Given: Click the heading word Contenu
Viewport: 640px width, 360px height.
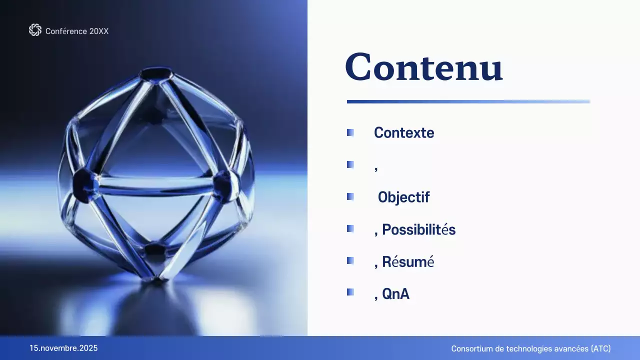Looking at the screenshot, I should point(423,67).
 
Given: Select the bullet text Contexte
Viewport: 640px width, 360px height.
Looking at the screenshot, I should point(404,133).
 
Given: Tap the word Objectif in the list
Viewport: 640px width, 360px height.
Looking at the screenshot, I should point(403,197).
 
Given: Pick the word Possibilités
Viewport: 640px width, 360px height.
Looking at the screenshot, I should point(418,230).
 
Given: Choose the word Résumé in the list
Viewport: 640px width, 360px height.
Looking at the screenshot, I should point(408,262).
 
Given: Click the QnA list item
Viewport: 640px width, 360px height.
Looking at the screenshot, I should point(395,294).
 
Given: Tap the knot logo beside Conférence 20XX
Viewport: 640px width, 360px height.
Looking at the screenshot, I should point(35,30).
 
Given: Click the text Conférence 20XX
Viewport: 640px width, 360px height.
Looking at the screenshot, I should point(77,31).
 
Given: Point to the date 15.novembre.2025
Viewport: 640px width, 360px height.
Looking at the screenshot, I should point(63,348).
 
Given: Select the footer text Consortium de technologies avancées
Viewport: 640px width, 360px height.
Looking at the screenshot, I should point(519,348).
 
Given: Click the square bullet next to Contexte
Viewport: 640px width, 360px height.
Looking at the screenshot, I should point(350,132).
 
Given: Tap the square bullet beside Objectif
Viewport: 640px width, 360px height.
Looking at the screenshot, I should point(350,197).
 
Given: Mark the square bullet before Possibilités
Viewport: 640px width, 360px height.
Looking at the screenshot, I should point(350,229).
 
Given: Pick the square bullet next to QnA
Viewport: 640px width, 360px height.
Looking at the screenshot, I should point(350,292).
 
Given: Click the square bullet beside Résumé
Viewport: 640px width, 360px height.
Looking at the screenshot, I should point(350,261).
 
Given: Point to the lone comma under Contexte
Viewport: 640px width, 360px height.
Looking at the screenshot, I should point(376,168).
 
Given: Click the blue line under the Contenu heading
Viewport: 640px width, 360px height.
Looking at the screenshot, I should point(468,101).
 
